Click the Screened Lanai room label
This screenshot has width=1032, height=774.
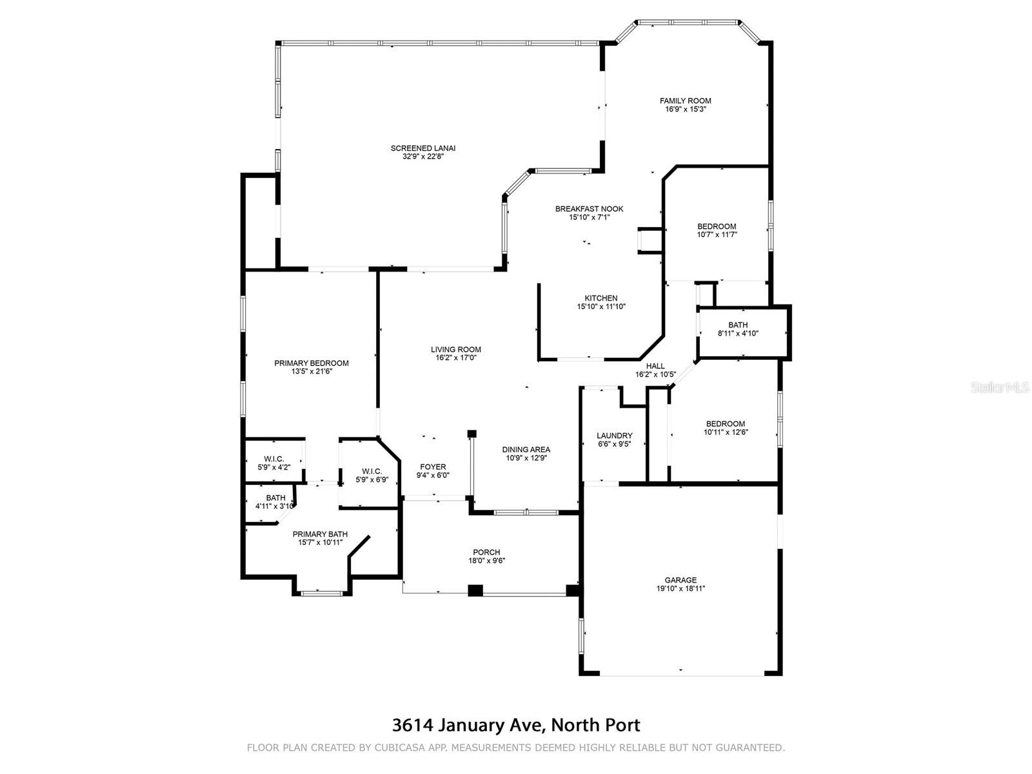(422, 148)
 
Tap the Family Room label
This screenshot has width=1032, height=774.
(685, 101)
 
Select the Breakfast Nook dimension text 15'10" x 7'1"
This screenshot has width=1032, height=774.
(589, 217)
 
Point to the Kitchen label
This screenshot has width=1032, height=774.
(601, 299)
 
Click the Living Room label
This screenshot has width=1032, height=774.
(455, 350)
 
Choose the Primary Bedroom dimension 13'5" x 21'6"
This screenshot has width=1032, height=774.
(312, 372)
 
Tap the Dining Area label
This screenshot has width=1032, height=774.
(526, 450)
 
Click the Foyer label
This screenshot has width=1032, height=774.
(433, 467)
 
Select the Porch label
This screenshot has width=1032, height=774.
(486, 553)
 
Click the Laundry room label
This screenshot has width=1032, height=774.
(614, 436)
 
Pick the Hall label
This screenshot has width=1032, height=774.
(655, 366)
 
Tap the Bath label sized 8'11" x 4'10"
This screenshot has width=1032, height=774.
(738, 325)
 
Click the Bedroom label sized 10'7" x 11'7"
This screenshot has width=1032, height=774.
(717, 226)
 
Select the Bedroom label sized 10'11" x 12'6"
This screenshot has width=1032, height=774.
(725, 424)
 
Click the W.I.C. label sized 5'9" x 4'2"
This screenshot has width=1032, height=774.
(273, 459)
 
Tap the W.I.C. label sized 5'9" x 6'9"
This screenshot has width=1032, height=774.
(372, 471)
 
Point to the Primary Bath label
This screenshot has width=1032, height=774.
(320, 534)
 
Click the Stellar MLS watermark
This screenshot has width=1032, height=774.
(999, 387)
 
